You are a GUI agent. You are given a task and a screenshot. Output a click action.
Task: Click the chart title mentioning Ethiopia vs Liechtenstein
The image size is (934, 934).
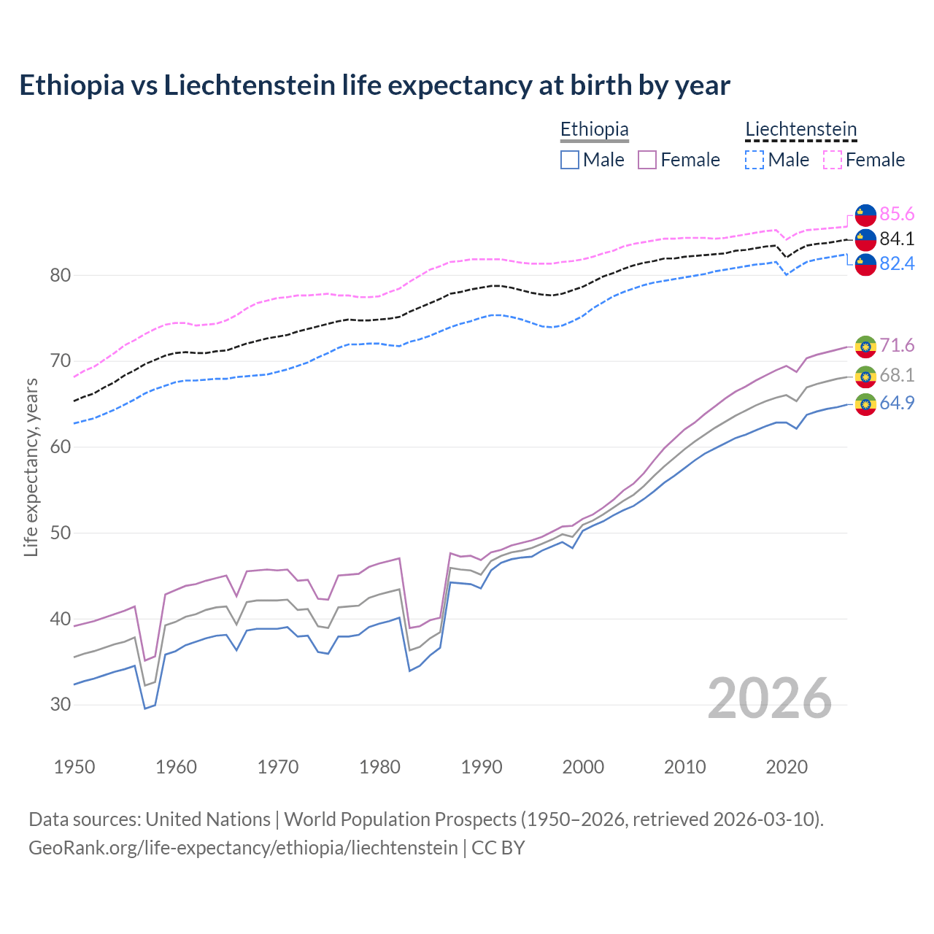(x=374, y=85)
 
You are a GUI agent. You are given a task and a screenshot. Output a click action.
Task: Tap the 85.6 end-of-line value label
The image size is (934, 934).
(x=897, y=214)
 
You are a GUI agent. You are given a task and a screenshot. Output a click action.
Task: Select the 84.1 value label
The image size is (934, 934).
(x=897, y=239)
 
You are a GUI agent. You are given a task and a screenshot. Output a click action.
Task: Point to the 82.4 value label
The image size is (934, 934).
(x=897, y=263)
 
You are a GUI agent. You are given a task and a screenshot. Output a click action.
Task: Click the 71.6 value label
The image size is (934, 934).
(x=897, y=345)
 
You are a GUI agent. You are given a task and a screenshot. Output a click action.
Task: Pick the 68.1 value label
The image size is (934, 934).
(x=897, y=375)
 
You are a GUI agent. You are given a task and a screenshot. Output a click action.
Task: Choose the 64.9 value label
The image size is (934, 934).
(x=897, y=403)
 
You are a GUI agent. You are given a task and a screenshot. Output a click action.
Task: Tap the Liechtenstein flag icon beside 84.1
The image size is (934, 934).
(x=865, y=239)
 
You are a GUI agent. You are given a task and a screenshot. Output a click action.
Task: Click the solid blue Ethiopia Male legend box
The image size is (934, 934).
(x=570, y=160)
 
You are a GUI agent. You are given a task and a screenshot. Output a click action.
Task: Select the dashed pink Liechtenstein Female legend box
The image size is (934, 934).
(x=833, y=160)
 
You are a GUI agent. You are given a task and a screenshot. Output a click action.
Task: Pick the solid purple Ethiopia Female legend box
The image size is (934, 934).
(x=647, y=160)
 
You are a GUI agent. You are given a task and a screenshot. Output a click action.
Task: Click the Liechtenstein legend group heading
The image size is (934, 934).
(x=800, y=130)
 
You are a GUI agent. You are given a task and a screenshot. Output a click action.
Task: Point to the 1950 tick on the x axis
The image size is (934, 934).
(x=74, y=767)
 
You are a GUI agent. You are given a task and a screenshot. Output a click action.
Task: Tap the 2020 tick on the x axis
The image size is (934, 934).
(x=787, y=767)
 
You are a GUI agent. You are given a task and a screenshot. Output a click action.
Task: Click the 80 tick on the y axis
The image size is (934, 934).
(x=61, y=276)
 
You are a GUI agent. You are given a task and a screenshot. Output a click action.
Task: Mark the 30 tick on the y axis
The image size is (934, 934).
(x=61, y=705)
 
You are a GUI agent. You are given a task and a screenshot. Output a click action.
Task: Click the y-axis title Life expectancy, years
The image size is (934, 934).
(x=31, y=467)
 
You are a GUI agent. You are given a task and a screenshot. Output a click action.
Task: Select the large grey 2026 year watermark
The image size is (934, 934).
(x=769, y=698)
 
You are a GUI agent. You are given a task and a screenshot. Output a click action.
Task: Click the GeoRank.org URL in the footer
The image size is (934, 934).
(x=243, y=848)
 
